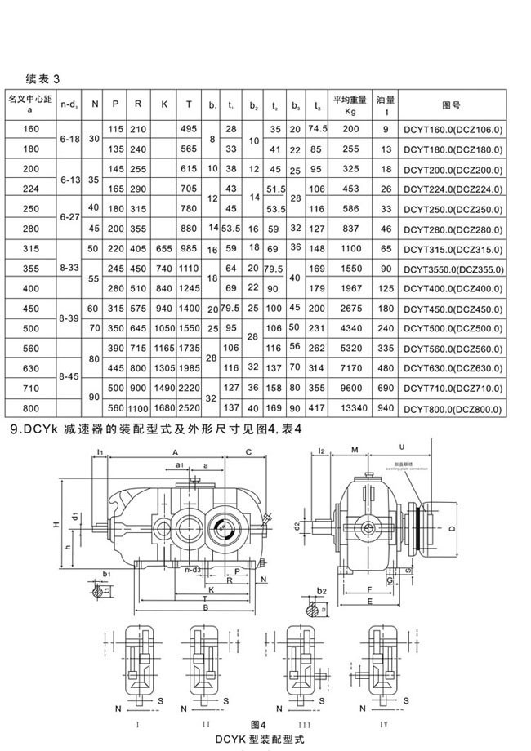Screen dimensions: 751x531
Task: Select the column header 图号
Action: click(452, 104)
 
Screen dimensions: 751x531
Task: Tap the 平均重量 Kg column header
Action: click(350, 104)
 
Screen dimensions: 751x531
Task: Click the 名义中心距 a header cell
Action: click(30, 104)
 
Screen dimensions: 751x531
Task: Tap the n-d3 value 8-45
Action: click(70, 378)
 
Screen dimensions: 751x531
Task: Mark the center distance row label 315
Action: click(30, 248)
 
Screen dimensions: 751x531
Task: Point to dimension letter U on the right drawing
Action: click(404, 447)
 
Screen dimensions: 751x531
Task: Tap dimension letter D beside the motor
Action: click(453, 529)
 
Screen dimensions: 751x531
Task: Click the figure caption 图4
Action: click(259, 724)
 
